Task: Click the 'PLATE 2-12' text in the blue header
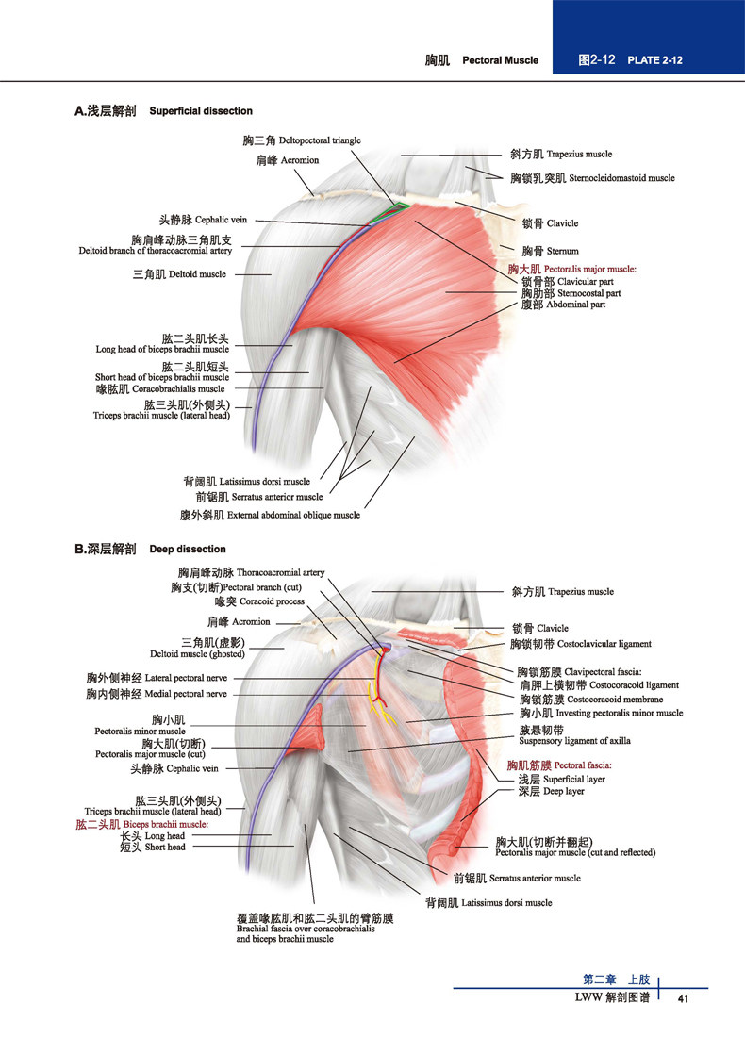pos(654,60)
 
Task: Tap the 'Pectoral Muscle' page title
pos(500,60)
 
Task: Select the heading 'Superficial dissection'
pos(201,111)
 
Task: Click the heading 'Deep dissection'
pos(188,549)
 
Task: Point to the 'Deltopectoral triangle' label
pos(320,140)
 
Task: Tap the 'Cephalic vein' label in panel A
pos(221,220)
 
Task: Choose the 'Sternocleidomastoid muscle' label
pos(621,178)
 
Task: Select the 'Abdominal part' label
pos(575,305)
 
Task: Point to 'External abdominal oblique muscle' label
pos(293,515)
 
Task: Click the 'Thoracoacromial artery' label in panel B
pos(280,572)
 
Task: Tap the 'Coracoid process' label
pos(272,601)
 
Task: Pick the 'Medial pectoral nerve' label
pos(185,694)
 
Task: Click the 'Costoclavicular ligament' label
pos(604,644)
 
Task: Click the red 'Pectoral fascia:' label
pos(582,765)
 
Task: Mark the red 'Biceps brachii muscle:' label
pos(165,824)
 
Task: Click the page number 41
pos(683,998)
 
